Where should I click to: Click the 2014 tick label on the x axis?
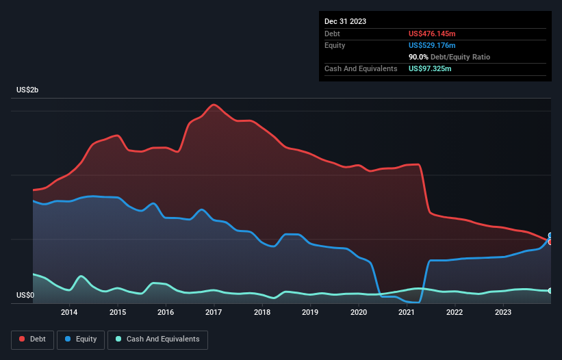(x=69, y=313)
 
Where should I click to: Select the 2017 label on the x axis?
(x=214, y=313)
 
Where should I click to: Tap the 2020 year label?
(x=359, y=313)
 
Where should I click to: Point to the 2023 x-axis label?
(x=503, y=313)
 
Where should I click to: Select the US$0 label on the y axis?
(x=25, y=296)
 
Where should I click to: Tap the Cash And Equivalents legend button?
(x=157, y=339)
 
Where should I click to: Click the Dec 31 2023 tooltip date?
(x=345, y=21)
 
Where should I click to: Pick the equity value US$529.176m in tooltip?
(x=432, y=45)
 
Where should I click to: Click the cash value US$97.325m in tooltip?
(x=430, y=68)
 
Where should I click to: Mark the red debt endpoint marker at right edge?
(x=550, y=242)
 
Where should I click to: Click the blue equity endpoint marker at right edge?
(x=550, y=235)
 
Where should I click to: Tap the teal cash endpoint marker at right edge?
(x=550, y=291)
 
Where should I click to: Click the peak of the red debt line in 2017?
(x=214, y=105)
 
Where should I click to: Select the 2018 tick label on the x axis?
(x=262, y=313)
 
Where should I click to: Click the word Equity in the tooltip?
(x=335, y=45)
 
